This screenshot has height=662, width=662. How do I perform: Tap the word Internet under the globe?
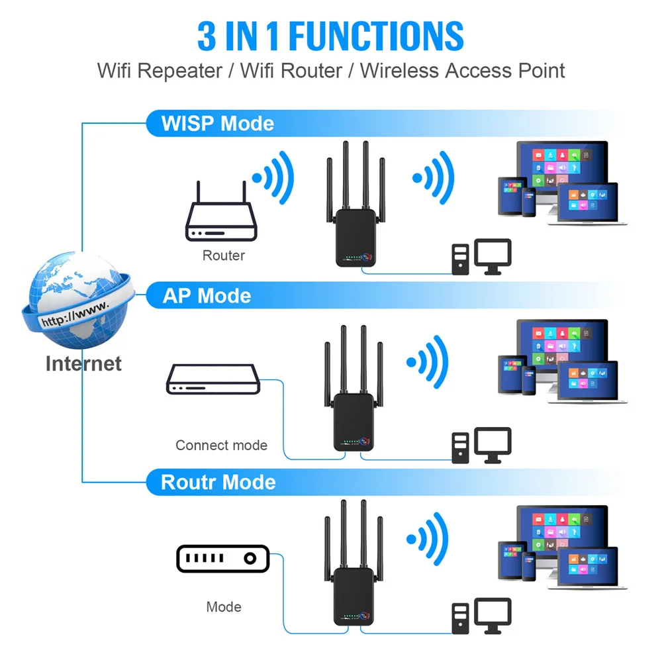83,363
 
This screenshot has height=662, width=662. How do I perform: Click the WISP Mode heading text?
218,124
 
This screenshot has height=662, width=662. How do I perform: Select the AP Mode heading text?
207,295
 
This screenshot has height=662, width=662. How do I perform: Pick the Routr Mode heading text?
218,482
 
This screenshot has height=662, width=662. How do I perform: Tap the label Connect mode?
221,446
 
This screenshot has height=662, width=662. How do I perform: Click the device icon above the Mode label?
223,558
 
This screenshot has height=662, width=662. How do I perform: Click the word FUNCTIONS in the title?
378,36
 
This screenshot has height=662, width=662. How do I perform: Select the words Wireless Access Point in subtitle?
463,71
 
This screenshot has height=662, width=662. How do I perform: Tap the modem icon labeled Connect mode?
212,379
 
